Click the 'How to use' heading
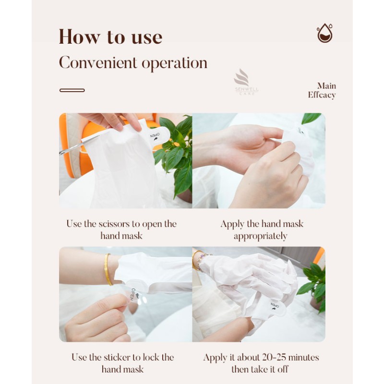pos(110,37)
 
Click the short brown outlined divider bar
pos(72,90)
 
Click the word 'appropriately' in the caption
pos(261,236)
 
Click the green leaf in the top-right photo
pos(311,118)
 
